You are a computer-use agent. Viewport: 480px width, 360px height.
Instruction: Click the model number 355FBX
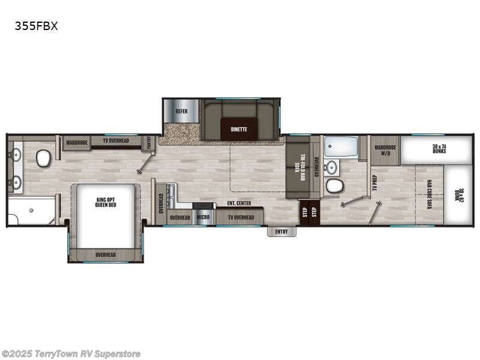coord(37,26)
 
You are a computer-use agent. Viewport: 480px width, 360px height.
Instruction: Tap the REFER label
coord(181,112)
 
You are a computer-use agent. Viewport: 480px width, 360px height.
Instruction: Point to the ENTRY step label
coord(281,232)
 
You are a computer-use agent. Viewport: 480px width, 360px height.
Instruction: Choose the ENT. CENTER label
coord(239,203)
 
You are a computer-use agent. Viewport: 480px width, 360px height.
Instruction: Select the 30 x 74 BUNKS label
coord(443,148)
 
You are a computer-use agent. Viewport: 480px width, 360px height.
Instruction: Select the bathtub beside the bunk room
coord(340,146)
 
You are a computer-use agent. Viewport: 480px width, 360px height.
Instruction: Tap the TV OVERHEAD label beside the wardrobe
coord(116,141)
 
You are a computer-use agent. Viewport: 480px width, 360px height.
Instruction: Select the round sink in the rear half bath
coord(331,166)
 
